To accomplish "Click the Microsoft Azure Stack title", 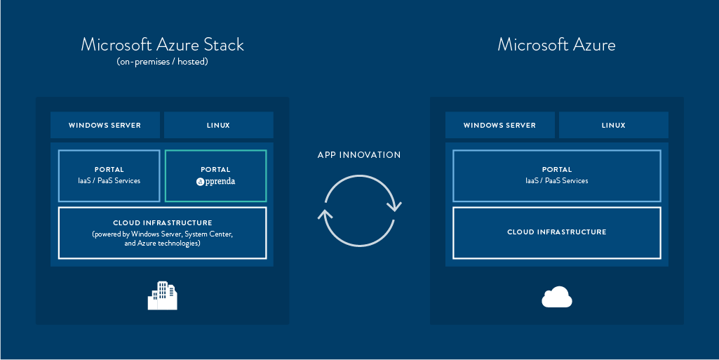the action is (x=162, y=45).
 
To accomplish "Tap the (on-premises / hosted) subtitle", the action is (x=162, y=62).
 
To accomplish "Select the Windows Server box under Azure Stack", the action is (x=105, y=125).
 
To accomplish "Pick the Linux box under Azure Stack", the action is (x=219, y=125).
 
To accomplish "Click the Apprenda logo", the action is (x=215, y=181).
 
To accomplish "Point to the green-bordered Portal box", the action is (x=215, y=175).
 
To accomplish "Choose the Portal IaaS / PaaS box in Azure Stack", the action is (x=109, y=175).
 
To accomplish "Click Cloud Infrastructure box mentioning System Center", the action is (x=162, y=233).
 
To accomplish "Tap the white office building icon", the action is (x=162, y=296).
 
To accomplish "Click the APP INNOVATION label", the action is (x=359, y=155).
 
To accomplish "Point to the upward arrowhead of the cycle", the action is (x=325, y=214).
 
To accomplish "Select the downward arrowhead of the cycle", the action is (x=394, y=206).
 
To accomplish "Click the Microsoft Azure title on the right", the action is (x=557, y=45).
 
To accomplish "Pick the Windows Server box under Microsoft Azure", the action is (x=500, y=125).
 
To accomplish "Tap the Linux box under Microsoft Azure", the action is (x=614, y=125).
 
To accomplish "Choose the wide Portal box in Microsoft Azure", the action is (x=557, y=175).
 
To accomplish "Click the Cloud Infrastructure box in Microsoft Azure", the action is (x=557, y=233).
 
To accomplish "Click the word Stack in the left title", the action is (x=224, y=45).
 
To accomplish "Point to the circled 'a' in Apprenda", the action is (x=200, y=182).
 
